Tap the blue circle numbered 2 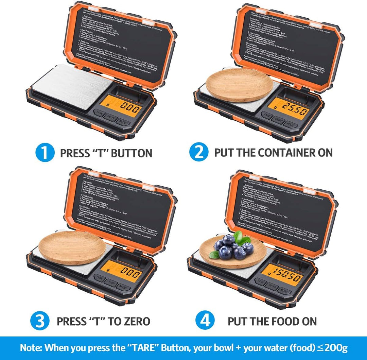[x=199, y=153]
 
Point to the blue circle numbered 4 [x=205, y=321]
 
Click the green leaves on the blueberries [x=242, y=237]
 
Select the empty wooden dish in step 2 [x=239, y=85]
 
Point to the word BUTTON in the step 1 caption [x=132, y=153]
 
